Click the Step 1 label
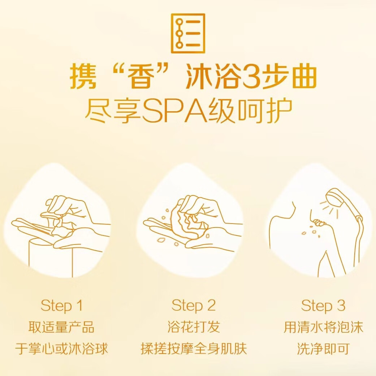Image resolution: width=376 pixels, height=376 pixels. click(x=62, y=306)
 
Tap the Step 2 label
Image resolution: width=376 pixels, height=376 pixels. click(x=194, y=306)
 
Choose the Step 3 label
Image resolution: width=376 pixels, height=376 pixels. click(x=323, y=306)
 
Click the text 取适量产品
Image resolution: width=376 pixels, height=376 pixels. click(x=62, y=327)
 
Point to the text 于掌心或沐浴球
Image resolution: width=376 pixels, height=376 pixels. click(x=62, y=349)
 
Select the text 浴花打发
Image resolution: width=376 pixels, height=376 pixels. click(x=194, y=327)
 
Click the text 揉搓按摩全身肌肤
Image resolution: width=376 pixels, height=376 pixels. click(x=194, y=349)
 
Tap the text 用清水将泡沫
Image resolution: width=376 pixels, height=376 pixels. click(x=323, y=327)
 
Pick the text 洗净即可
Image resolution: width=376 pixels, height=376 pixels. click(x=323, y=349)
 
